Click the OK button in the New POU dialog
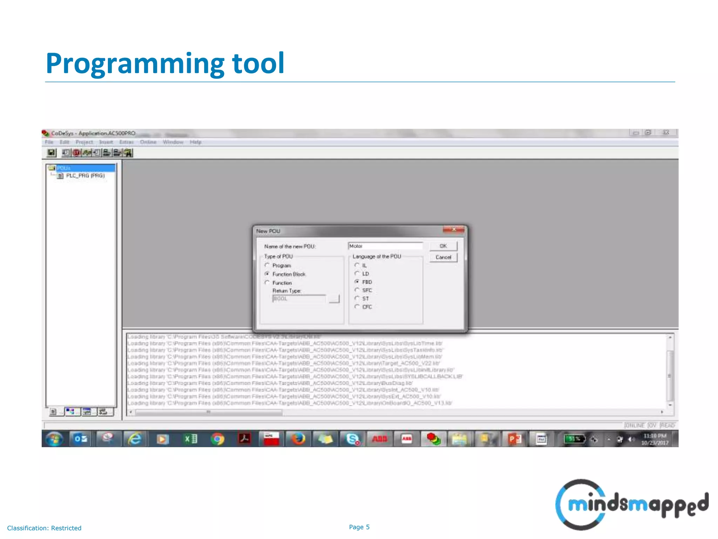coord(443,246)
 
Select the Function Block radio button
coord(267,274)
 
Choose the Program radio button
coord(267,265)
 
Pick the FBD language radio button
coord(357,282)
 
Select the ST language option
coord(357,298)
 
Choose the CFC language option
coord(357,307)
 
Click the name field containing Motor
coord(385,246)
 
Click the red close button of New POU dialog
coord(453,229)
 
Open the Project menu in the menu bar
coord(84,142)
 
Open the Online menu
coord(148,142)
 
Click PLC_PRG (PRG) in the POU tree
coord(85,175)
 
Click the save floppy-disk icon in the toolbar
coord(52,153)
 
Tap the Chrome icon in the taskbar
coord(217,439)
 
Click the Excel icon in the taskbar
coord(190,439)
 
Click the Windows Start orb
coord(54,439)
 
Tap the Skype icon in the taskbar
coord(352,439)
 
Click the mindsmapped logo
coord(631,505)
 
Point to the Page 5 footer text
coord(359,527)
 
